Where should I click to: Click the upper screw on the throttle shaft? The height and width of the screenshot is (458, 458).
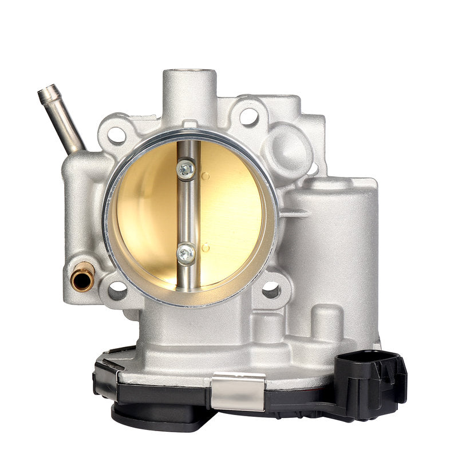pyautogui.click(x=185, y=169)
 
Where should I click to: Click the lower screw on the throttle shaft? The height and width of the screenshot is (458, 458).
pyautogui.click(x=185, y=253)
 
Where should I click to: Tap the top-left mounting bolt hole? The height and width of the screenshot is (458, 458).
pyautogui.click(x=116, y=135)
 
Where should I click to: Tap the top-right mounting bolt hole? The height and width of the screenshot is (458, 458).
pyautogui.click(x=248, y=116)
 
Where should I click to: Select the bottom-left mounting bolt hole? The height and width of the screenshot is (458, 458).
pyautogui.click(x=117, y=290)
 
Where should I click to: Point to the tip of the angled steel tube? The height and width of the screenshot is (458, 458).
pyautogui.click(x=46, y=91)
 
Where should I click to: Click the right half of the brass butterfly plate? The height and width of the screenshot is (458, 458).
pyautogui.click(x=232, y=212)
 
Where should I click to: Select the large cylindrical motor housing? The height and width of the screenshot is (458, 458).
pyautogui.click(x=329, y=240)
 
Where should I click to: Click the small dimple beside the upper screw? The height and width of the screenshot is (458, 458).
pyautogui.click(x=205, y=176)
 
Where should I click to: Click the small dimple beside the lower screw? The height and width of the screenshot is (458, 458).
pyautogui.click(x=205, y=247)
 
